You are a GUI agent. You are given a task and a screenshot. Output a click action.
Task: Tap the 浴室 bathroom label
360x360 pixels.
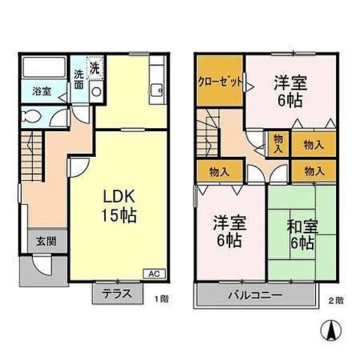pos(42,92)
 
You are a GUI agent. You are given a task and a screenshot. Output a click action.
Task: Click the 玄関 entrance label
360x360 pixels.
pos(41,241)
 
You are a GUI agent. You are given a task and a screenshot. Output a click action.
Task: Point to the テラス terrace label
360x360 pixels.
pos(117,295)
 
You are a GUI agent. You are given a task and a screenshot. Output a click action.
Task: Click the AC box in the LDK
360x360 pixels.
pos(153,273)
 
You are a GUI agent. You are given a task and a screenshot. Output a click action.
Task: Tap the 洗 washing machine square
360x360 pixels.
pos(94,67)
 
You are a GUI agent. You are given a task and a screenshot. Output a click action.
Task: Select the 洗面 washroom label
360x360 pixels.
pos(79,79)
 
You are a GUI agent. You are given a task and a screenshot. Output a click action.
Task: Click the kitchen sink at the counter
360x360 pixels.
pos(157,91)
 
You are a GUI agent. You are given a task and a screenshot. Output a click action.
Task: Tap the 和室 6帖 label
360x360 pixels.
pos(298,233)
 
